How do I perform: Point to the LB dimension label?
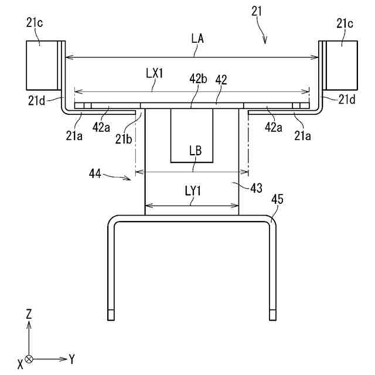coord(196,150)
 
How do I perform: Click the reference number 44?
coord(96,173)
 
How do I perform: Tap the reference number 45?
coord(278,199)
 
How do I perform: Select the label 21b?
coord(124,138)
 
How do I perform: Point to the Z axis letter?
coord(29,313)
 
